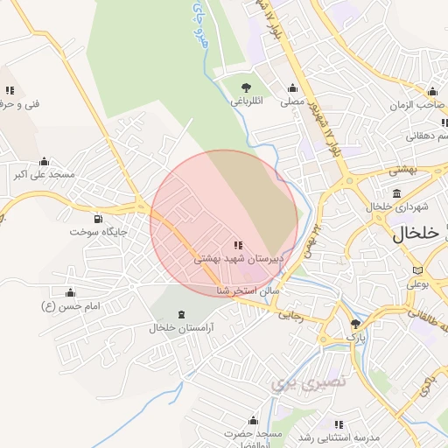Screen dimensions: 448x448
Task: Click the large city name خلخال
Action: click(x=414, y=234)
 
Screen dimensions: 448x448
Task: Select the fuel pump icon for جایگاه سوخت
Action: click(x=97, y=219)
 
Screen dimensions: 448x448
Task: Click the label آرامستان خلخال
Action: click(x=182, y=328)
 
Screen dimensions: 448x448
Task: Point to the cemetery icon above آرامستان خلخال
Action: click(x=181, y=314)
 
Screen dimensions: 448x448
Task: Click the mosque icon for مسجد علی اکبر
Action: click(x=44, y=161)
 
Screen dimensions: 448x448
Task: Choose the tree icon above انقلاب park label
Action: click(x=247, y=87)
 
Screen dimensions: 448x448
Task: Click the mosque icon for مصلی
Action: click(x=292, y=87)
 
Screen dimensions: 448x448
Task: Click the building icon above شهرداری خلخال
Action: click(x=397, y=193)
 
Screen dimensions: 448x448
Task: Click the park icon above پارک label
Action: click(x=355, y=323)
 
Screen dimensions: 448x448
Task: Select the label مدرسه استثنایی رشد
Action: click(x=337, y=437)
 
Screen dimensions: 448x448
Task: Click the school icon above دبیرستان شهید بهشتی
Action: click(x=238, y=245)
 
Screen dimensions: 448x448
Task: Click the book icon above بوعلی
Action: click(x=416, y=269)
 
